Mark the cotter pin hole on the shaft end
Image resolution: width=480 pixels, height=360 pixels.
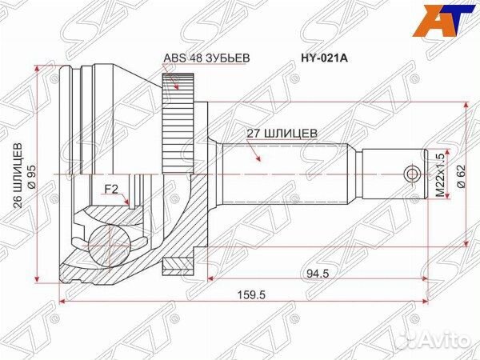(411, 174)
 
